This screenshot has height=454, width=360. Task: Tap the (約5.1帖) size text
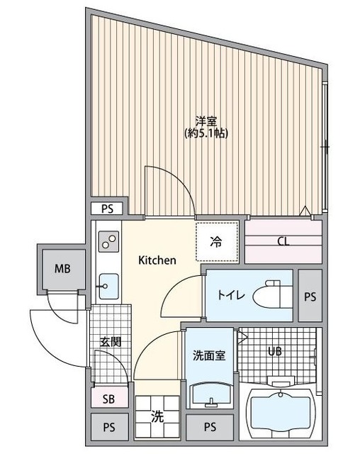(206, 133)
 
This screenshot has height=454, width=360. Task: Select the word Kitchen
(157, 260)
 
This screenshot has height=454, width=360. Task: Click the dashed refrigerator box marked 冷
(216, 242)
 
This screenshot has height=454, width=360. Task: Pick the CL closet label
(283, 241)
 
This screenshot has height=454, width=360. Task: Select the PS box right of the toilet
(310, 297)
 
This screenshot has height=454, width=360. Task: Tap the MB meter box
(62, 269)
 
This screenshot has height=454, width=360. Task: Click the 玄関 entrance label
(110, 342)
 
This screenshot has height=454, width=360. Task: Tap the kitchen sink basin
(109, 287)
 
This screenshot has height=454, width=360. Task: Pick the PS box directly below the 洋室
(107, 209)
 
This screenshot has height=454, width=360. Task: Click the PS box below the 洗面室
(209, 427)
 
